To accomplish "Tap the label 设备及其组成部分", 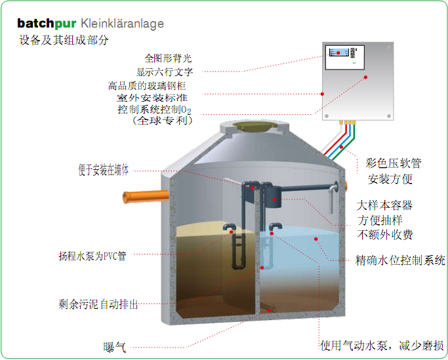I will (x=64, y=40).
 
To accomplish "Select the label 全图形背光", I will (x=169, y=58).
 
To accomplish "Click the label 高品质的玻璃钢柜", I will (x=150, y=85).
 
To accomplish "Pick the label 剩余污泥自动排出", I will (x=98, y=304).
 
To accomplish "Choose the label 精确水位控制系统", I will (x=401, y=260).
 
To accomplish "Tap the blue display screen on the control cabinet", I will (x=338, y=52).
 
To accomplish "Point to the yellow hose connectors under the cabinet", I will (x=346, y=122).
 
